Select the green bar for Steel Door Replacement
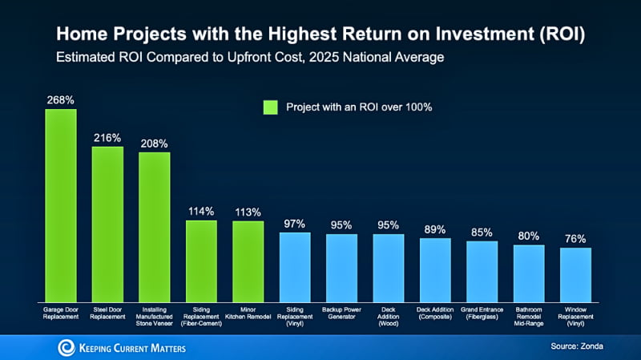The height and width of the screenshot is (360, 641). (107, 222)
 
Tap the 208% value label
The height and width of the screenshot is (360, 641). (154, 144)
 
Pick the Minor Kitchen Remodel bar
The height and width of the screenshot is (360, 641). (248, 259)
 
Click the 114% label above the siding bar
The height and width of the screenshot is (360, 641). (201, 212)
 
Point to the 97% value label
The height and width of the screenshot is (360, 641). (294, 224)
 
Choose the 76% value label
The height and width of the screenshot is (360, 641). (575, 239)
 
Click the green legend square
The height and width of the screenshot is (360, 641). (270, 107)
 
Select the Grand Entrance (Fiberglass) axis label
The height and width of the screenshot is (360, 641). (482, 312)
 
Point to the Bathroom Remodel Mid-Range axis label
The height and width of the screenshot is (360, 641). (529, 316)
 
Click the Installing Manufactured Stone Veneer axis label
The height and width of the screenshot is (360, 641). (154, 316)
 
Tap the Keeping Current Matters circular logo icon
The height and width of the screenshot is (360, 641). (66, 346)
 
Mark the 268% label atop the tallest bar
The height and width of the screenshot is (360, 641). (60, 99)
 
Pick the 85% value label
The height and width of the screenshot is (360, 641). (482, 233)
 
